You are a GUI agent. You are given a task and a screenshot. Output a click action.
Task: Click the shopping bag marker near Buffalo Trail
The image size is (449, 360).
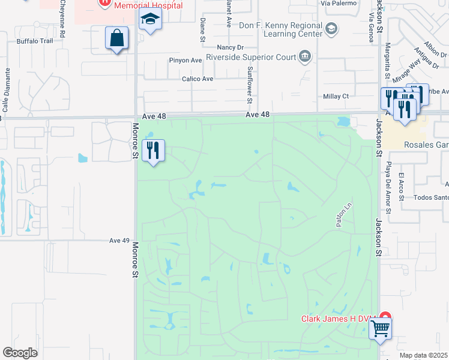point(117,39)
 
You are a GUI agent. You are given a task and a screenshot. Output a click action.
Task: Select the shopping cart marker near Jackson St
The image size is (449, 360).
point(380,329)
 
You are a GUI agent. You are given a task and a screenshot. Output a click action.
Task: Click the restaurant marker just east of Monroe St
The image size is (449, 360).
point(153,151)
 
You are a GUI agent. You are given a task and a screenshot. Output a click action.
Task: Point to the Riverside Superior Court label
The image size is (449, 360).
point(250,58)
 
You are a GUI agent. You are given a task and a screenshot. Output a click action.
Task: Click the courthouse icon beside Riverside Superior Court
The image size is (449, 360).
point(305,58)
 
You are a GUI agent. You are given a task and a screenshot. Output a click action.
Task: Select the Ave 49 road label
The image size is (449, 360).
point(119,241)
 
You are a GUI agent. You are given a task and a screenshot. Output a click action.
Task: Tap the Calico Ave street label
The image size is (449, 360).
point(198,79)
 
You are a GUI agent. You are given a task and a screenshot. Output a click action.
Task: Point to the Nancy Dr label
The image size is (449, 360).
point(232,47)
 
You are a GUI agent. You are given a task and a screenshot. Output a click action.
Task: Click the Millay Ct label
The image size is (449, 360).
point(336,96)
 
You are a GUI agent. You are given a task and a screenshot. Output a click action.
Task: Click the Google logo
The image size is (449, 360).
point(20,353)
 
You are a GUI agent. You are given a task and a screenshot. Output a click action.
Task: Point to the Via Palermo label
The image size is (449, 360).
point(339,3)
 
